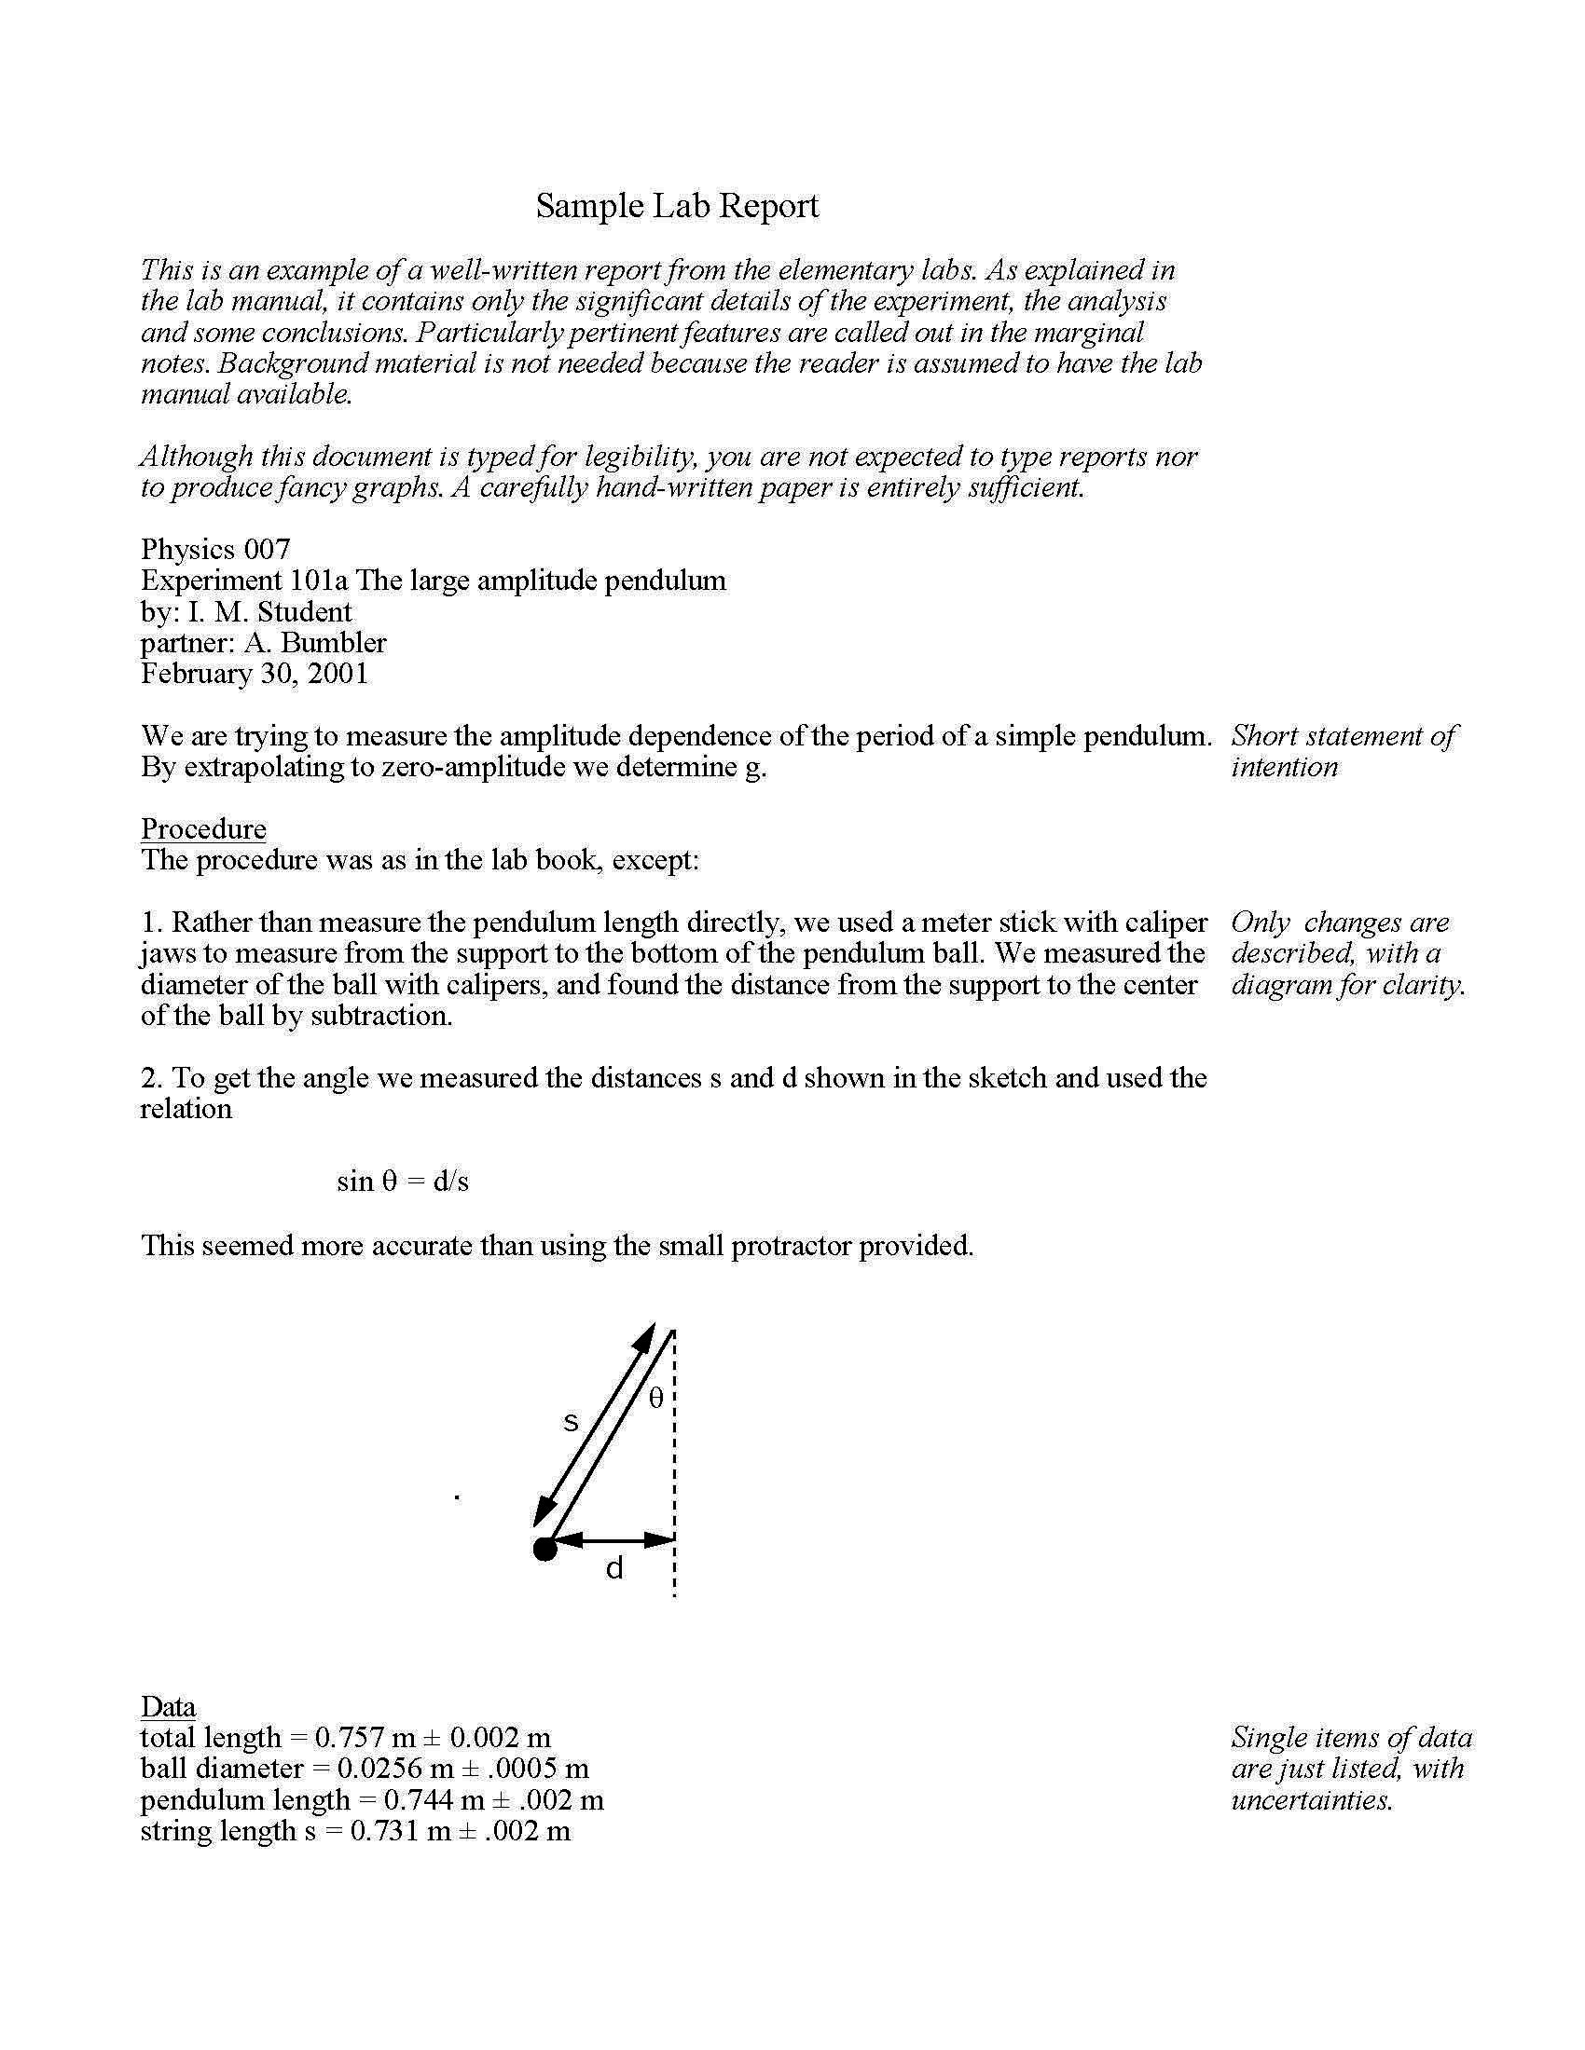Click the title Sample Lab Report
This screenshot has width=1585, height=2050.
coord(677,206)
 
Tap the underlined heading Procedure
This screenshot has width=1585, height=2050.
coord(203,828)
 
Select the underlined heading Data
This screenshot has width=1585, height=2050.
coord(168,1706)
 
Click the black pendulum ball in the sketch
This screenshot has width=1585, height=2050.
coord(544,1549)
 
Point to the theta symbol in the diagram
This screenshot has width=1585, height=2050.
coord(656,1399)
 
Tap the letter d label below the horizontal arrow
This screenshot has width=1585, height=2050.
coord(614,1568)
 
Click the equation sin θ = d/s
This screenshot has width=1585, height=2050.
coord(402,1181)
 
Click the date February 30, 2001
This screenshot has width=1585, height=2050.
coord(255,674)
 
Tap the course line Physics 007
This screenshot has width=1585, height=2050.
coord(215,549)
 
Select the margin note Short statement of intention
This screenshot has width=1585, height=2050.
coord(1343,751)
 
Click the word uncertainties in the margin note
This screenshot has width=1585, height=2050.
coord(1311,1800)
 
